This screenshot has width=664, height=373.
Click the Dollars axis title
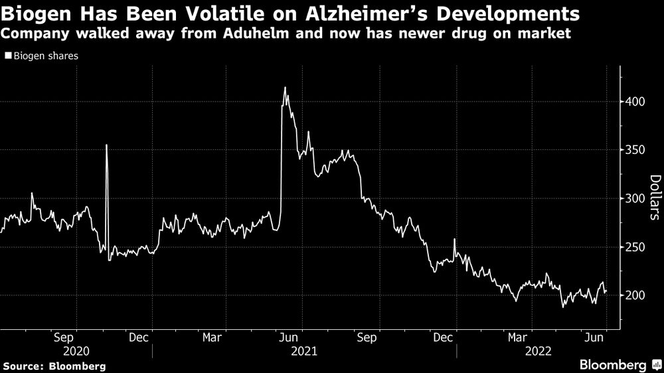655,197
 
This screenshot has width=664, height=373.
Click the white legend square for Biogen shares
8,56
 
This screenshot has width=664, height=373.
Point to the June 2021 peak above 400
285,88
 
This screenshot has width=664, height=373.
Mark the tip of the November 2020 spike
106,145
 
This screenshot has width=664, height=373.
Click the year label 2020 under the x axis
75,350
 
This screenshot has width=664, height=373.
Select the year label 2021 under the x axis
304,350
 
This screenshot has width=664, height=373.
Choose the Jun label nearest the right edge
595,337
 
